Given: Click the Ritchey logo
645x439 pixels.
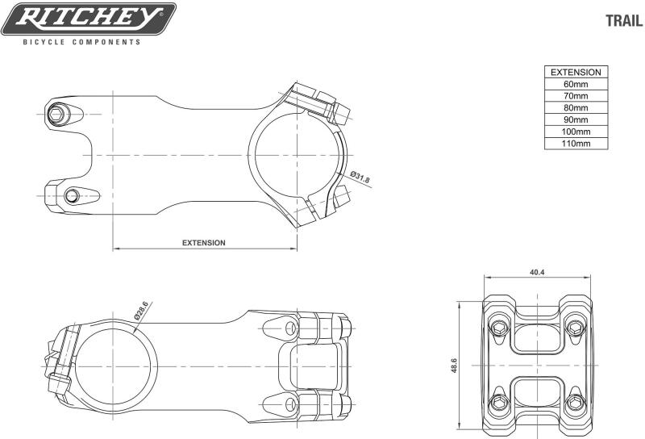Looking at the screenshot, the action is [x=89, y=19].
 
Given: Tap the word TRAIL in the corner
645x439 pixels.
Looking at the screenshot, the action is [x=624, y=21].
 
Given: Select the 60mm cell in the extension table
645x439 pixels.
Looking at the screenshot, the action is [x=576, y=84].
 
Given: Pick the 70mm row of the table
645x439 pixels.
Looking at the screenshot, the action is [x=576, y=96].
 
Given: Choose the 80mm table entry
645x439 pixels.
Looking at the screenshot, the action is [x=576, y=108].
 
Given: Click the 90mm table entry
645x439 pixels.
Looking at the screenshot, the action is [x=576, y=120].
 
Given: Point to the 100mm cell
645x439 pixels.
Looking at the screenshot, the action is [x=576, y=132].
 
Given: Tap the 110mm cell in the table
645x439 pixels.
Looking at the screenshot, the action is [x=576, y=144].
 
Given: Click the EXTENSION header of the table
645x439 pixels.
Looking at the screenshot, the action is [x=576, y=72].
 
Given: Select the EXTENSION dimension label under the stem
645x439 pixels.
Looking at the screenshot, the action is [x=204, y=243].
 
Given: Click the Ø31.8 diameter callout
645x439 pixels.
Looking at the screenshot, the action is [x=360, y=177].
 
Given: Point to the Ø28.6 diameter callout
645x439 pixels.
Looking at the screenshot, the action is [x=141, y=311].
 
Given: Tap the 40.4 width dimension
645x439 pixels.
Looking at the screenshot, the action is [x=537, y=272].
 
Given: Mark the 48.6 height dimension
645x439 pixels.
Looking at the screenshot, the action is [x=454, y=366].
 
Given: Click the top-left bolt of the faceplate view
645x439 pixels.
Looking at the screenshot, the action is [x=499, y=328].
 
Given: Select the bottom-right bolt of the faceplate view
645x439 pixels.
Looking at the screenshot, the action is [x=575, y=403].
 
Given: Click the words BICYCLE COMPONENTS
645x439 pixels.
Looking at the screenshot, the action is [x=82, y=42].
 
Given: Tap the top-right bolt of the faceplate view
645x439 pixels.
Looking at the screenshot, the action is [x=575, y=328].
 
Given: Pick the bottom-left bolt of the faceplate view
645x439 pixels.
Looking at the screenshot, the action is [x=499, y=403].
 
